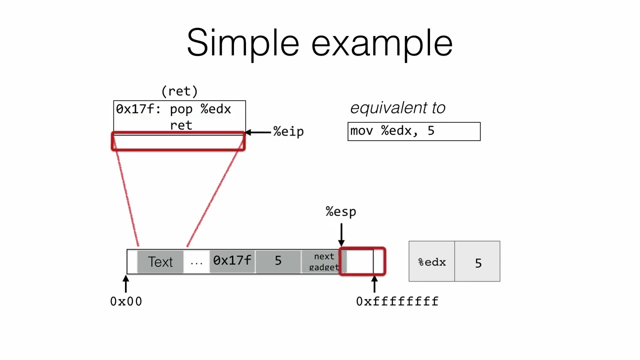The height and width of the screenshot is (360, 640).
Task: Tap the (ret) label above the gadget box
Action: [179, 91]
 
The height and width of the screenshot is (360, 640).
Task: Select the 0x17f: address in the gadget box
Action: [138, 109]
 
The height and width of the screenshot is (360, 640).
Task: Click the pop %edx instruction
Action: [200, 109]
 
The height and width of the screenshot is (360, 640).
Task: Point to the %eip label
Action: [288, 132]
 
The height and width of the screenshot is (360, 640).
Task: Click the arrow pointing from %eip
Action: [258, 132]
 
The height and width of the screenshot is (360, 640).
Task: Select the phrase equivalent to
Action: [397, 108]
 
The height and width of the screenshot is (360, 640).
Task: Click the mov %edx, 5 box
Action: [413, 131]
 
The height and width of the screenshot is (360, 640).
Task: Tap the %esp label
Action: [341, 211]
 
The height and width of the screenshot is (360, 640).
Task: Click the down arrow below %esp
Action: [341, 234]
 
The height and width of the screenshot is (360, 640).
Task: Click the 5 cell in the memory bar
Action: [278, 261]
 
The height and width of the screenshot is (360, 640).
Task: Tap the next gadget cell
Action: [323, 261]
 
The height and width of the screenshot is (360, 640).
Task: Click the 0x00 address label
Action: [126, 301]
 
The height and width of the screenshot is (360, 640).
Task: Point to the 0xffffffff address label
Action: [397, 301]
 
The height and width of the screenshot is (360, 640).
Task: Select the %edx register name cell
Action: [432, 262]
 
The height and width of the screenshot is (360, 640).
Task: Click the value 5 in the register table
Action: [478, 263]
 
